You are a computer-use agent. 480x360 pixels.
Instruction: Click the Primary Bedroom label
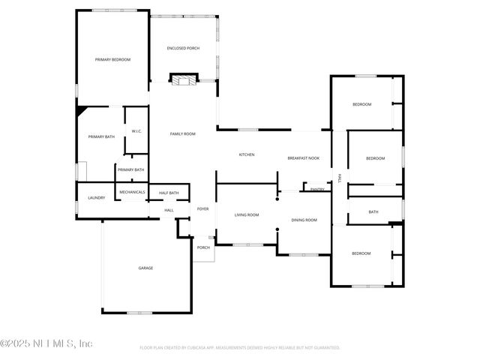click(x=112, y=59)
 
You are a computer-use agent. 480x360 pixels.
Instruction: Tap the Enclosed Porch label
click(x=183, y=48)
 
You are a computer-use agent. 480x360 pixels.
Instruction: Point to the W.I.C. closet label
click(x=136, y=131)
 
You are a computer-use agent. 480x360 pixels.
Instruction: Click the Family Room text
click(x=182, y=133)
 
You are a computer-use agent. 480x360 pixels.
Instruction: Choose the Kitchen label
click(x=247, y=154)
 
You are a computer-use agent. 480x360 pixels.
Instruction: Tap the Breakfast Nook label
click(x=304, y=158)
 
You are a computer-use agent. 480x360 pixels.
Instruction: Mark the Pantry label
click(x=317, y=190)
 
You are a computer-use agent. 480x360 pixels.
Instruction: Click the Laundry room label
click(x=96, y=198)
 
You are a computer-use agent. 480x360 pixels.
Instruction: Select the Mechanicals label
click(x=132, y=192)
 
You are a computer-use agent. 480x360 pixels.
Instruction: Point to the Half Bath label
click(x=169, y=193)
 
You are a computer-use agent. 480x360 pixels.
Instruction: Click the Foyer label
click(x=202, y=209)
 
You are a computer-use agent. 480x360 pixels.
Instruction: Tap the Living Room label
click(x=247, y=215)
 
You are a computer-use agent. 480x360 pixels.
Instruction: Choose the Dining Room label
click(x=304, y=220)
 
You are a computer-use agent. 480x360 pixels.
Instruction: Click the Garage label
click(x=145, y=268)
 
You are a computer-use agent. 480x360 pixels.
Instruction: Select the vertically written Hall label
click(x=340, y=178)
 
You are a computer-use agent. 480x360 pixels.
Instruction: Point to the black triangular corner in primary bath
click(x=80, y=109)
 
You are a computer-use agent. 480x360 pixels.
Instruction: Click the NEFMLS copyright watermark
click(x=46, y=343)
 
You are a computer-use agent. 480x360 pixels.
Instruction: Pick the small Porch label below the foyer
click(x=203, y=247)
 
